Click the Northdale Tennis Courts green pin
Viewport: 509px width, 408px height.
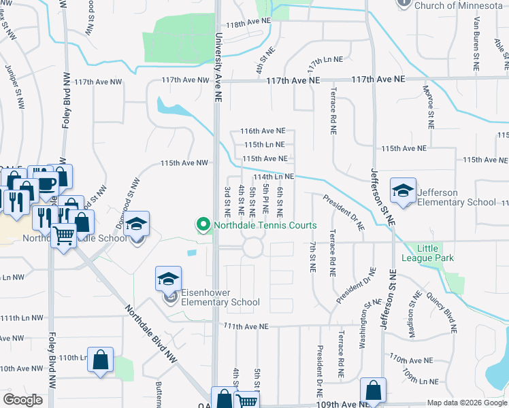(202, 224)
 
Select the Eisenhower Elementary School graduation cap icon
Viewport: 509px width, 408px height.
(168, 279)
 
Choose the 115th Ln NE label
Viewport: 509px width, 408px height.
(264, 145)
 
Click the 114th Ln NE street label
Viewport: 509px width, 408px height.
(274, 176)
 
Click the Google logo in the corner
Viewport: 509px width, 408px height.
(22, 400)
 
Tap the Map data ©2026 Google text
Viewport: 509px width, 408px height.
(466, 403)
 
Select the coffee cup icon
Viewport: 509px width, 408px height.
(46, 183)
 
